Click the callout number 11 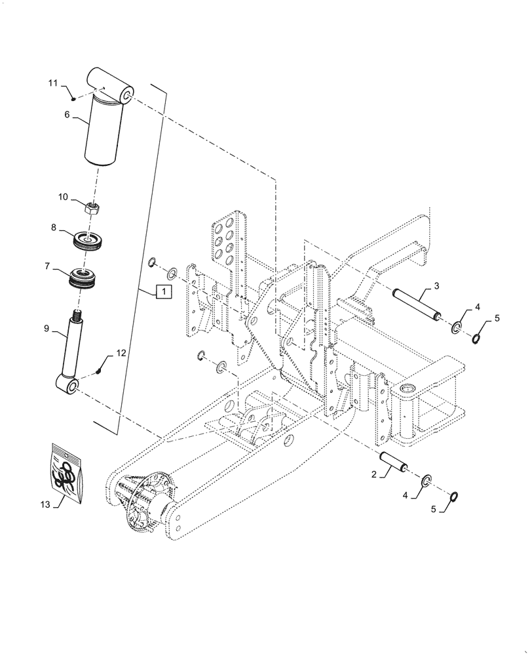click(54, 83)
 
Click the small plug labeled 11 click(74, 98)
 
